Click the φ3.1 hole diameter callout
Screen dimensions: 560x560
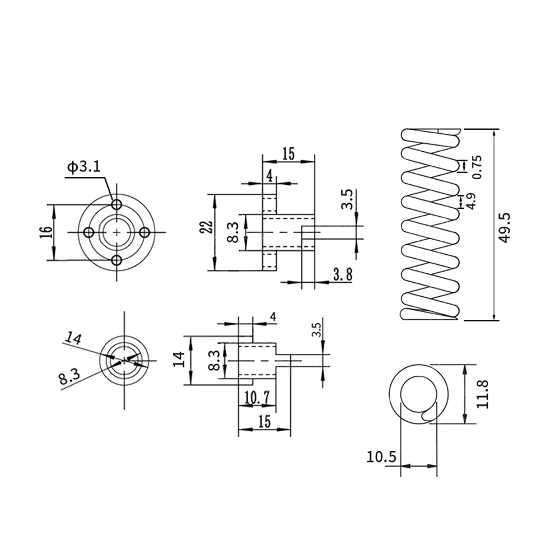[84, 167]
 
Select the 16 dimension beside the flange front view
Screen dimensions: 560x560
[46, 232]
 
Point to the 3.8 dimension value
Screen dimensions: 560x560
[342, 274]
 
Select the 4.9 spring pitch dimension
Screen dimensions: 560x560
[472, 201]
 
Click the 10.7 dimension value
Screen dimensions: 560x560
[257, 398]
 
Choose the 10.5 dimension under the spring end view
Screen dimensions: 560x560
[381, 457]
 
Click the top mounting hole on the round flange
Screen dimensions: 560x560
[116, 203]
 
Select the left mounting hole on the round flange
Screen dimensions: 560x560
[88, 232]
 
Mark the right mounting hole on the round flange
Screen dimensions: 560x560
[144, 232]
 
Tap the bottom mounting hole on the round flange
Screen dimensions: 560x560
[116, 260]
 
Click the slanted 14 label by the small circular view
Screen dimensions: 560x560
[73, 338]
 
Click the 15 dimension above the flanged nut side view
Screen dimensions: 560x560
[288, 154]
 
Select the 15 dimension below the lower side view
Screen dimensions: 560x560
[265, 422]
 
